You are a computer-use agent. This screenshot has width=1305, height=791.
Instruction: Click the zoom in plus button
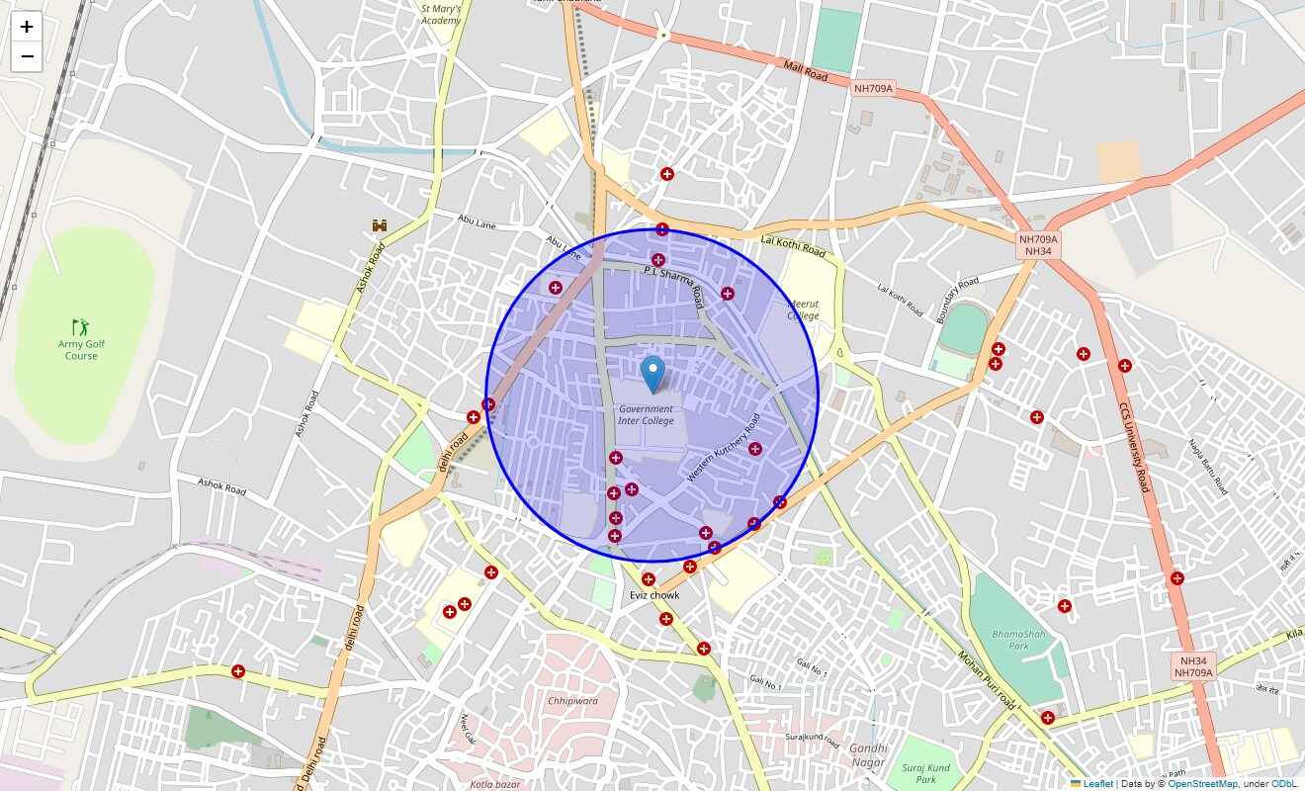pos(27,27)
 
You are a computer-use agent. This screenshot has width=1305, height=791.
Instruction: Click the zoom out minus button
pos(27,56)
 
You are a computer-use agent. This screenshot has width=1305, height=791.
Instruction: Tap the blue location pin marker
pos(652,375)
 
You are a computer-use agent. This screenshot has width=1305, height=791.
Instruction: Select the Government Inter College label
pos(646,414)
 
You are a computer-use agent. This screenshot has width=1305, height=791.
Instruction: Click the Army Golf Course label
pos(81,350)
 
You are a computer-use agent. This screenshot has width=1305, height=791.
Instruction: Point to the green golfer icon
pos(81,325)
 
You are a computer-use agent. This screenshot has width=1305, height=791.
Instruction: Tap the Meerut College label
pos(803,310)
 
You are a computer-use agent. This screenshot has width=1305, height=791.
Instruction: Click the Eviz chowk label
pos(654,595)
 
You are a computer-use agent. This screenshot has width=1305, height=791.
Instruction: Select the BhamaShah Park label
pos(1018,639)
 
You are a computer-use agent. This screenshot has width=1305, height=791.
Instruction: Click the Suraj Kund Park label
pos(925,773)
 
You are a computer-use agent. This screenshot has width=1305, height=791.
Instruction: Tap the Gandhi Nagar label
pos(867,754)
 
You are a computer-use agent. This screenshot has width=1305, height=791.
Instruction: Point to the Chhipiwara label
pos(572,700)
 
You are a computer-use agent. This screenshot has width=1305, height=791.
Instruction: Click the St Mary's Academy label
pos(440,14)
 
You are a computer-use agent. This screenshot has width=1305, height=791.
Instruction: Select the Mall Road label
pos(805,70)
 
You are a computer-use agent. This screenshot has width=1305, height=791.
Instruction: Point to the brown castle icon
pos(380,225)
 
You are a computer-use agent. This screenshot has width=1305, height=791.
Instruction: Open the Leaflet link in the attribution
pos(1097,783)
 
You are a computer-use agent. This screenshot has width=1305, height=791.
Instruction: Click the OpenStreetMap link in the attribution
pos(1202,783)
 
